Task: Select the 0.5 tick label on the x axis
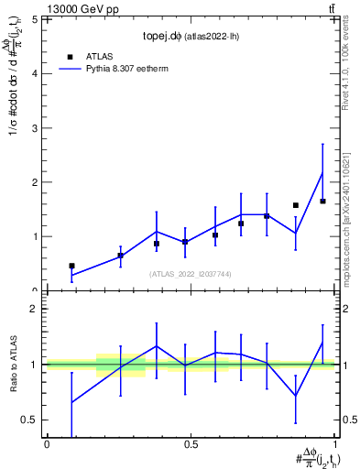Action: click(191, 444)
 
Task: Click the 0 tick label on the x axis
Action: click(46, 444)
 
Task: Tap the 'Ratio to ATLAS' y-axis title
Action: click(14, 364)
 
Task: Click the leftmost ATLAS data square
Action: click(71, 266)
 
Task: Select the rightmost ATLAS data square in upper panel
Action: click(322, 201)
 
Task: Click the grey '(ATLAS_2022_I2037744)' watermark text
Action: click(190, 274)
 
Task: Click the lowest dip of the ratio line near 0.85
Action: click(296, 396)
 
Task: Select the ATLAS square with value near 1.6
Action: click(296, 205)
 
